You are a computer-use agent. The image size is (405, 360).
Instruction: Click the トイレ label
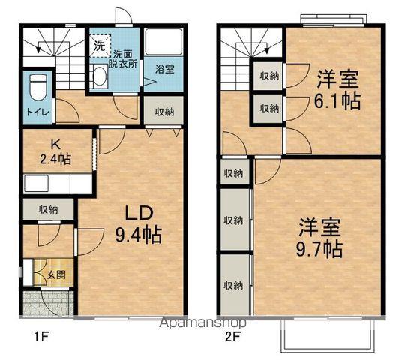[x=36, y=112]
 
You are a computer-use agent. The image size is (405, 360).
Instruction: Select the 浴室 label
[x=164, y=69]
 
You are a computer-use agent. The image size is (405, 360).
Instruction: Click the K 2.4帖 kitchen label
[x=55, y=151]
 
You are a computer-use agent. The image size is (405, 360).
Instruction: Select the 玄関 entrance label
[x=55, y=275]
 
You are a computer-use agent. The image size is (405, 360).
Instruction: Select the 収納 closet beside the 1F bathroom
[x=164, y=112]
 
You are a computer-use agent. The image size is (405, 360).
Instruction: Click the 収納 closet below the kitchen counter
[x=47, y=209]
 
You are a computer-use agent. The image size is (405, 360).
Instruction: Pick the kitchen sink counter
[x=56, y=184]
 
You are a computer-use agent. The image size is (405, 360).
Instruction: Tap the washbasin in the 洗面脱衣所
[x=100, y=74]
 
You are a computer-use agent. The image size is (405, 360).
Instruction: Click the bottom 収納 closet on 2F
[x=233, y=285]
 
